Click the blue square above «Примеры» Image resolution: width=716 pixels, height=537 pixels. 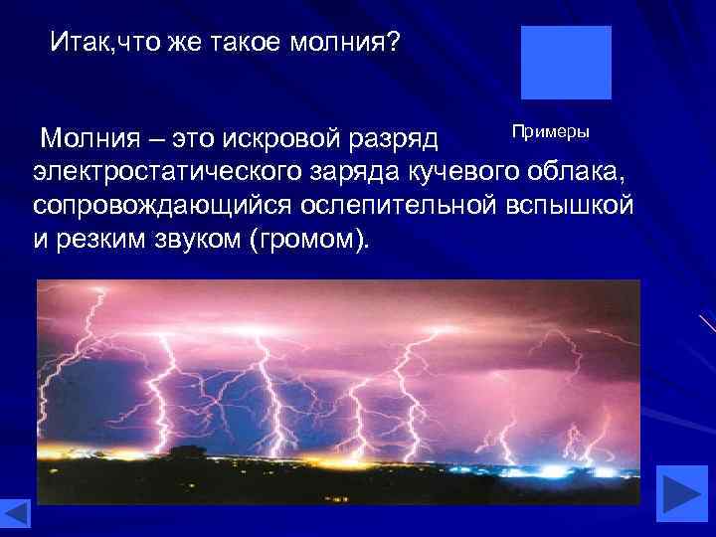566,63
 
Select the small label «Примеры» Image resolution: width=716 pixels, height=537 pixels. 551,132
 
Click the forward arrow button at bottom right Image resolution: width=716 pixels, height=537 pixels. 683,493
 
